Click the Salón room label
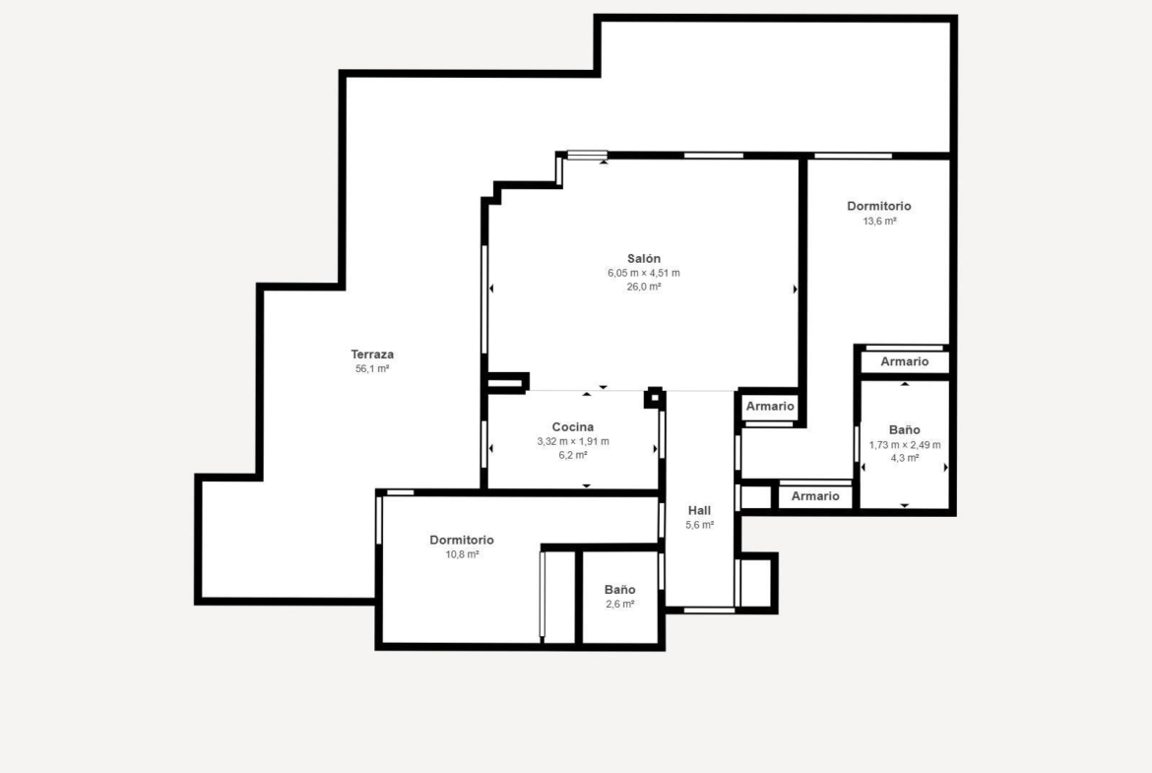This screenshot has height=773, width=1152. point(644,258)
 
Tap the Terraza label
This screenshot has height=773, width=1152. point(372,354)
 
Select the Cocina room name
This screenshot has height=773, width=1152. point(573,427)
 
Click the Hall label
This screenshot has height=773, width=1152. point(699,510)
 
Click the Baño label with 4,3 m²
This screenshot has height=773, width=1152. point(905,430)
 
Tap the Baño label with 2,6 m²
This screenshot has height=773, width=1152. point(619,589)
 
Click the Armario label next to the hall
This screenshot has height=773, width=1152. point(770,407)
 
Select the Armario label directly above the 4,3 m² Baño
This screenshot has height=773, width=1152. point(905,361)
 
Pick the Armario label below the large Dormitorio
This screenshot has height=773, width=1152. point(815,496)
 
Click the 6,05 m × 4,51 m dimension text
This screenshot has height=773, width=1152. point(644,273)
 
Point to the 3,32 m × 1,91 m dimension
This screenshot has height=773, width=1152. point(573,441)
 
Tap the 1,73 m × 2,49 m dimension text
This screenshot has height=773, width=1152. point(905,444)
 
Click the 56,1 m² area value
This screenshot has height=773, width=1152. point(372,369)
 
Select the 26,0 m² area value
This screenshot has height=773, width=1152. point(644,287)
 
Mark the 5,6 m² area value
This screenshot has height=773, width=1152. point(699,525)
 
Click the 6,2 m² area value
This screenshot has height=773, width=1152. point(573,456)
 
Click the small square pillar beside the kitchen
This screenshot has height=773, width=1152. point(654,398)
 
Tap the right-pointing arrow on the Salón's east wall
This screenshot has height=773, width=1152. point(795,290)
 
